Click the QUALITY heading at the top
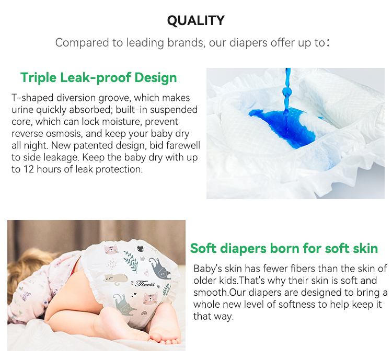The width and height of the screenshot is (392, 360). click(195, 20)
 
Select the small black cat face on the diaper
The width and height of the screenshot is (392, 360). click(140, 248)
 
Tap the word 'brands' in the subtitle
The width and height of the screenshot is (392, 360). click(183, 42)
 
